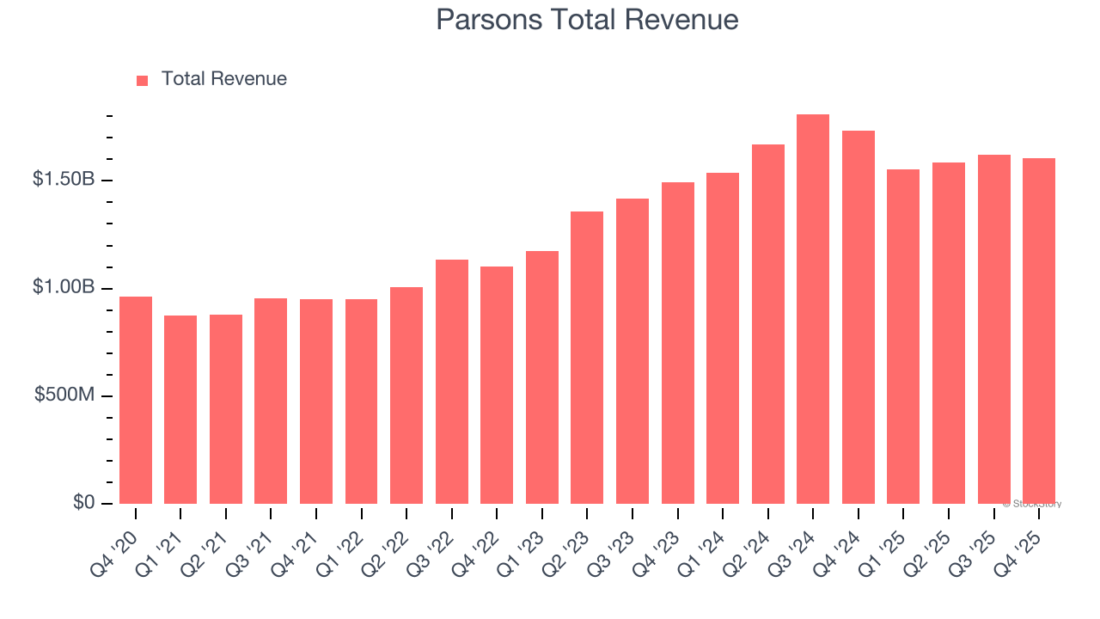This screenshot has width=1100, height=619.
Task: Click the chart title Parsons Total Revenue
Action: coord(587,19)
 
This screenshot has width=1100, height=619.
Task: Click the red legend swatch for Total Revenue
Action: coord(143,80)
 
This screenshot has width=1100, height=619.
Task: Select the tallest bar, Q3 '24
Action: coord(813,309)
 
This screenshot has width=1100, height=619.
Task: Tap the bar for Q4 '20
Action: coord(136,401)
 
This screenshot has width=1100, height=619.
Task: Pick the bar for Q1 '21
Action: coord(180,410)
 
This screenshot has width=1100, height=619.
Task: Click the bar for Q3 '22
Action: coord(452,382)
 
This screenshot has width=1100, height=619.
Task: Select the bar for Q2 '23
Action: coord(587,358)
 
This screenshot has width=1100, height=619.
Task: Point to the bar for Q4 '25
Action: coord(1039,331)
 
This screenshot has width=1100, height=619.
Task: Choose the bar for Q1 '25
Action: coord(903,337)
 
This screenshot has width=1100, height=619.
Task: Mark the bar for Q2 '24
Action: coord(767,324)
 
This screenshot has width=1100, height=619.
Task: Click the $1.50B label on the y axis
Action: coord(64,180)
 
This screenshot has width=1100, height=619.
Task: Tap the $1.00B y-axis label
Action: coord(64,287)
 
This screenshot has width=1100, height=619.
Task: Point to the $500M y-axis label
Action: coord(65,395)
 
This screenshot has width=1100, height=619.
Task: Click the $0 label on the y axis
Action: coord(83,502)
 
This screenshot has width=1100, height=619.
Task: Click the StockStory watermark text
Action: coord(1034,504)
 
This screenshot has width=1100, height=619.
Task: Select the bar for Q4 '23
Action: coord(677,343)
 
